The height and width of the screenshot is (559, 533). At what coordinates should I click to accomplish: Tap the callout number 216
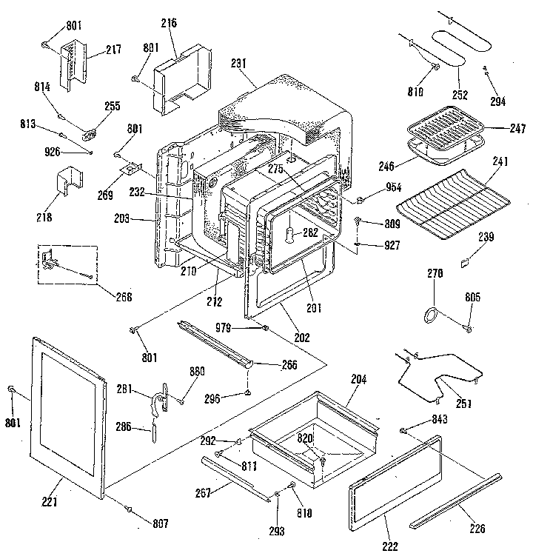click(x=169, y=24)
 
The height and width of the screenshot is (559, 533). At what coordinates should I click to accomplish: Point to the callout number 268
click(x=124, y=297)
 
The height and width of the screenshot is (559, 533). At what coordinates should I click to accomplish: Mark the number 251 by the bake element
click(x=465, y=404)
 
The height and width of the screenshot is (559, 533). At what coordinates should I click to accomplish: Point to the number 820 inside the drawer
click(x=306, y=438)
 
